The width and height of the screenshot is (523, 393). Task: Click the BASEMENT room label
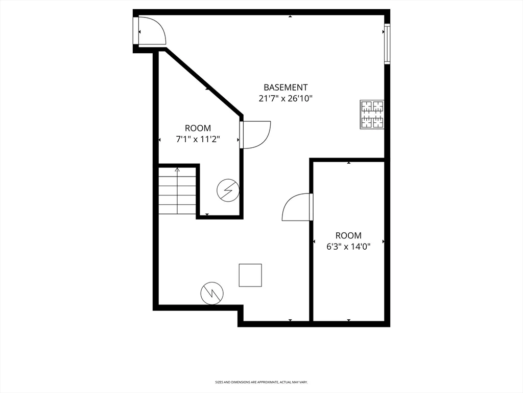(x=285, y=88)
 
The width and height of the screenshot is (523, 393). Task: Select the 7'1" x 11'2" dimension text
(x=198, y=139)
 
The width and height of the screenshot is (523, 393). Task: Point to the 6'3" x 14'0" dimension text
(x=348, y=247)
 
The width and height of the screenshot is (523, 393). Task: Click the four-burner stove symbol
(x=372, y=114)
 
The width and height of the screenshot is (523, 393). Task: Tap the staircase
(x=177, y=190)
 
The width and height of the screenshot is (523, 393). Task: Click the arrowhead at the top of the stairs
(x=177, y=170)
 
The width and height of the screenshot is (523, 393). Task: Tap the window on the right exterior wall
(x=387, y=43)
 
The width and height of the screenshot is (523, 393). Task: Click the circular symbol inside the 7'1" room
(x=228, y=190)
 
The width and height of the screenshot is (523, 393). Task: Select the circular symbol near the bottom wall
(x=212, y=293)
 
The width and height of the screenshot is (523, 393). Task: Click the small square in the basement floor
(x=250, y=275)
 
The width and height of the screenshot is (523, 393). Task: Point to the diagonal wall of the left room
(x=203, y=82)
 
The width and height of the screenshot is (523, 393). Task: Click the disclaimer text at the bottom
(x=261, y=382)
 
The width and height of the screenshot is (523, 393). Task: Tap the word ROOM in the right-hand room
(x=348, y=235)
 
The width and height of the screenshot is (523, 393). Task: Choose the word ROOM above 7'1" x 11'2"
(x=198, y=128)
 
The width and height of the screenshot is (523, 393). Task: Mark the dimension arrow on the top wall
(x=290, y=16)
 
